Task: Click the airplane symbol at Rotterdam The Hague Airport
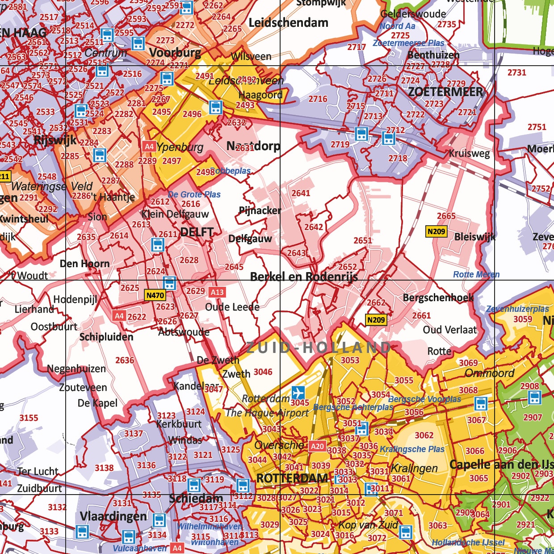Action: [298, 393]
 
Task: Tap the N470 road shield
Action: [155, 295]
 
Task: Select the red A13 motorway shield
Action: [217, 292]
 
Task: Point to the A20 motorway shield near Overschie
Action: [317, 446]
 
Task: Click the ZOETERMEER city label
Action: [445, 92]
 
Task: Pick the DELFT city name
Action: [197, 232]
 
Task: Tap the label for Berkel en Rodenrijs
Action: [304, 277]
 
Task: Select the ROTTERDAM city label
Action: [292, 478]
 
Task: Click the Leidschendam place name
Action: [288, 23]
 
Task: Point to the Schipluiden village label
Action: [106, 337]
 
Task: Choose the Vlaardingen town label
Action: [113, 516]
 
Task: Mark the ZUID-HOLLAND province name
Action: [319, 348]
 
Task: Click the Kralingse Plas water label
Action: [412, 449]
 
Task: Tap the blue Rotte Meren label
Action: [476, 274]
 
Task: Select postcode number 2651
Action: [362, 240]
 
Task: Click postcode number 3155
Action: [29, 418]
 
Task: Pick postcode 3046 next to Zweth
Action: [263, 372]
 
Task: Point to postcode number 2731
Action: [516, 72]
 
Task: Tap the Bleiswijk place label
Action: [475, 237]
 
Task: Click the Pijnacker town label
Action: [260, 210]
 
